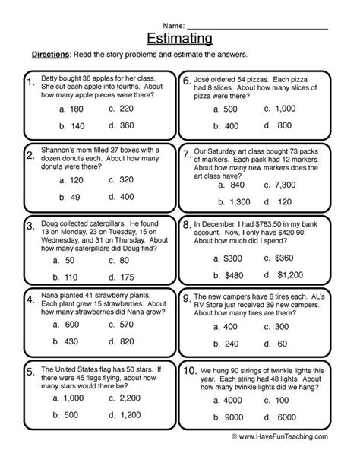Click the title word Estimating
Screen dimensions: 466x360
[181, 37]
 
